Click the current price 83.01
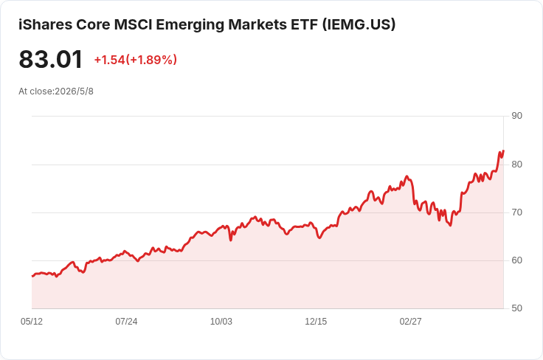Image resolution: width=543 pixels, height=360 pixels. click(51, 59)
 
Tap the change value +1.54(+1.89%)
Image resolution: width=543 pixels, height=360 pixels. click(136, 60)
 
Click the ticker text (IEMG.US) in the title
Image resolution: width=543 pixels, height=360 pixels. click(359, 24)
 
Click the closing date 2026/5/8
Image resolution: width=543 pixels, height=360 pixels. click(74, 91)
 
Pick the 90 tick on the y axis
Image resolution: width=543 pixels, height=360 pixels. click(516, 116)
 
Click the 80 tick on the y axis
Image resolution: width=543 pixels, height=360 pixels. click(516, 164)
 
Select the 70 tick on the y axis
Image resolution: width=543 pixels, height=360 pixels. click(516, 212)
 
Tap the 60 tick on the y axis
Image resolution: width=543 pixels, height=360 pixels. click(516, 260)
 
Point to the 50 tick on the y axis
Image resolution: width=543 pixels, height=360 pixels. click(516, 308)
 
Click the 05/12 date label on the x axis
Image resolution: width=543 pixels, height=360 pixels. click(32, 322)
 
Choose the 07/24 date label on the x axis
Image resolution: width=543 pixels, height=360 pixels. click(126, 322)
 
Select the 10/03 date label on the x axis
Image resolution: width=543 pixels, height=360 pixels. click(221, 322)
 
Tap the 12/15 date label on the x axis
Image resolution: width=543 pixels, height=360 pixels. click(316, 322)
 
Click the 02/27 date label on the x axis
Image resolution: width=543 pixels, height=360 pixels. click(411, 322)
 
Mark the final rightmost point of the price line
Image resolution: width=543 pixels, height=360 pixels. click(503, 150)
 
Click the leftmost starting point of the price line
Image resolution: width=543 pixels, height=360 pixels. click(32, 276)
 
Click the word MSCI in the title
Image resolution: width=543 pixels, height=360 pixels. click(133, 24)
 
